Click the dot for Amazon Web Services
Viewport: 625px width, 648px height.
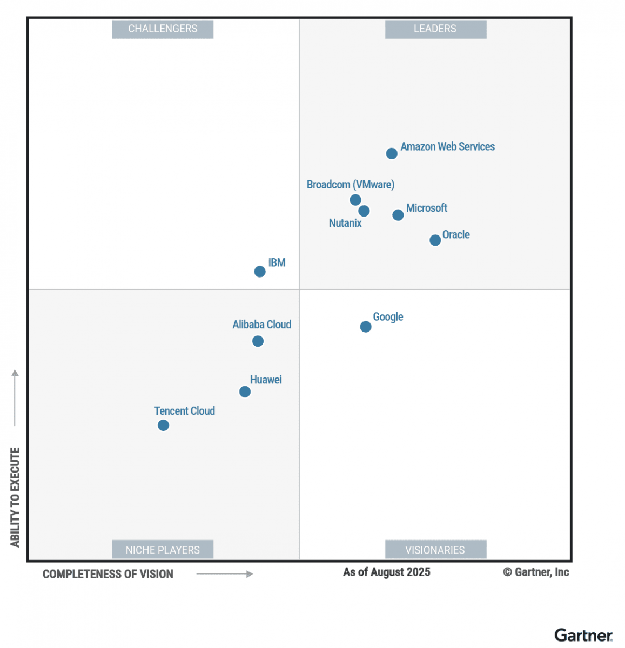coord(392,154)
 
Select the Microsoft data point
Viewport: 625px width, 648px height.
coord(398,215)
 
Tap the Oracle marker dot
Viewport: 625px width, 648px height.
coord(435,240)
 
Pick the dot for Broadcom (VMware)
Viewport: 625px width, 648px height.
coord(355,200)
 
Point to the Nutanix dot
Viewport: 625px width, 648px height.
coord(364,211)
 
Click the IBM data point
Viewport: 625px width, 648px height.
coord(260,272)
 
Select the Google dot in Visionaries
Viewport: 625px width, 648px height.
coord(366,327)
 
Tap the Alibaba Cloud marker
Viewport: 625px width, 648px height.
coord(258,341)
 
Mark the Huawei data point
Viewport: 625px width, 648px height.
coord(245,392)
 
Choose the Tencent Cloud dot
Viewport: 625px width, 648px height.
coord(163,426)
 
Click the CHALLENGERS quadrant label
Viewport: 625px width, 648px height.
coord(163,29)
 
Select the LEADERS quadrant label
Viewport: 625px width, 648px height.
coord(435,29)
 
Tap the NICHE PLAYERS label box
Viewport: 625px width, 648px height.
coord(163,550)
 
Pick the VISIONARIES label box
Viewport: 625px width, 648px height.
coord(435,550)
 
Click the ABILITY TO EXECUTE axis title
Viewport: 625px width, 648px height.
coord(15,497)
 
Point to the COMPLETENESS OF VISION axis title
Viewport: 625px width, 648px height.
coord(108,575)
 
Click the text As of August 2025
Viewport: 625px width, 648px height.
coord(387,572)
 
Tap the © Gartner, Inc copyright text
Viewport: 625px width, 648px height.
coord(536,572)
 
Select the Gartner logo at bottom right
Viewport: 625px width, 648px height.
coord(583,635)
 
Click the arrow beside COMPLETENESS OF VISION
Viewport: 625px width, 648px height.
coord(225,574)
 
